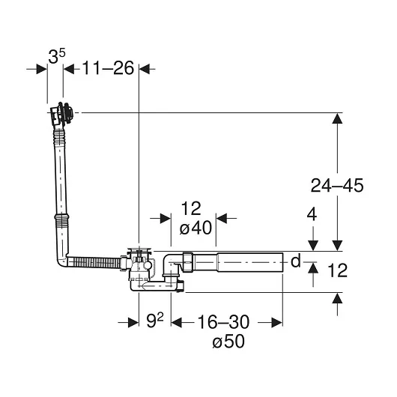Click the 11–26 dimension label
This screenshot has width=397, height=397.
[x=108, y=68]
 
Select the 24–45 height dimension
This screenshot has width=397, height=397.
[x=337, y=185]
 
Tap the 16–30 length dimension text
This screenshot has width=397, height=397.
[x=223, y=322]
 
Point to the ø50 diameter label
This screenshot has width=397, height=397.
[x=228, y=341]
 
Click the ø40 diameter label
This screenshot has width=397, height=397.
[x=196, y=228]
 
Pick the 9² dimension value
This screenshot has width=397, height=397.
[x=155, y=321]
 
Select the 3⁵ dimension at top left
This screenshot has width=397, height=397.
[x=56, y=56]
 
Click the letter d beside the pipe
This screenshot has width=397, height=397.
[x=295, y=261]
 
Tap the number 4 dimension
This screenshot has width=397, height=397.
[x=312, y=215]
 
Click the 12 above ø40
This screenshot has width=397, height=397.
[x=191, y=209]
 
